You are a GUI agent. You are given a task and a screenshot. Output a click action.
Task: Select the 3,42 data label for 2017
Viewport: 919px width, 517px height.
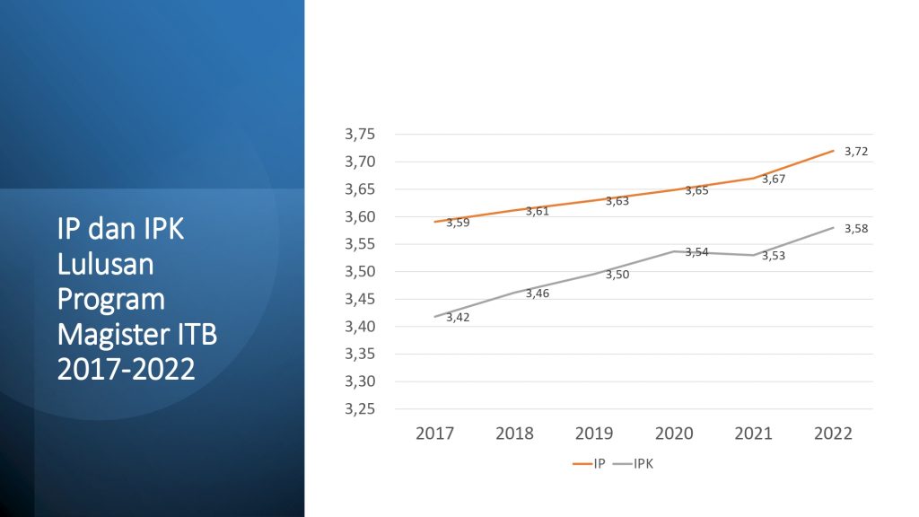click(x=458, y=318)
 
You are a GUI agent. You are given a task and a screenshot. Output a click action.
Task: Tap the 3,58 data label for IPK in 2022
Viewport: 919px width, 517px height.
click(x=855, y=229)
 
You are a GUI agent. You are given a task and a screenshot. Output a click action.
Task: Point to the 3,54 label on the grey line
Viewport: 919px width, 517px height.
click(x=696, y=252)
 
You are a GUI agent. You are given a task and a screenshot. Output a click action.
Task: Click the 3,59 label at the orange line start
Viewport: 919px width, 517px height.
click(x=458, y=223)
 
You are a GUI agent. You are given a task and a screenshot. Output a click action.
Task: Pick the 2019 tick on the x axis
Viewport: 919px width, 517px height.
click(x=594, y=434)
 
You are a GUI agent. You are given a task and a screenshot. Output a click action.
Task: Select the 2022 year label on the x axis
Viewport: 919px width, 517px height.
click(x=834, y=434)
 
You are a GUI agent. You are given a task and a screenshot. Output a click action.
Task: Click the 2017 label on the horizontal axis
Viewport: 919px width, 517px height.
click(x=434, y=434)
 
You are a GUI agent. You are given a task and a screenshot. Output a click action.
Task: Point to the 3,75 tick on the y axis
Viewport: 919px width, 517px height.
click(x=360, y=135)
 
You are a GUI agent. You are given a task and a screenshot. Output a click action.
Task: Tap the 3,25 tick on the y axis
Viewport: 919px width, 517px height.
click(x=360, y=409)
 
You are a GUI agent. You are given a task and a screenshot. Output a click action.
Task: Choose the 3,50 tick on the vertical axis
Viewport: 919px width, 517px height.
click(x=360, y=272)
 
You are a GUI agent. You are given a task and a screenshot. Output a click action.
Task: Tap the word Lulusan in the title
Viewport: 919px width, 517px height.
click(x=106, y=265)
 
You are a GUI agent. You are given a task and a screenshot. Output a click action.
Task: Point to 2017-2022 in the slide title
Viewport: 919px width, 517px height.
click(x=126, y=369)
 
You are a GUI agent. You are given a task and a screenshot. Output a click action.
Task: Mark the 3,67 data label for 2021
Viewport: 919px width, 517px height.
click(x=774, y=180)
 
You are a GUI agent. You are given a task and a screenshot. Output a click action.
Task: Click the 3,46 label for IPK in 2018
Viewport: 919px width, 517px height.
click(x=538, y=294)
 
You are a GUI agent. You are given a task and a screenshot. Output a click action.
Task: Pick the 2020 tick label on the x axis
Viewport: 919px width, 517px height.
click(x=674, y=434)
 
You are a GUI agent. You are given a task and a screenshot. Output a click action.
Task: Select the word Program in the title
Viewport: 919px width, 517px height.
click(x=111, y=300)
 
